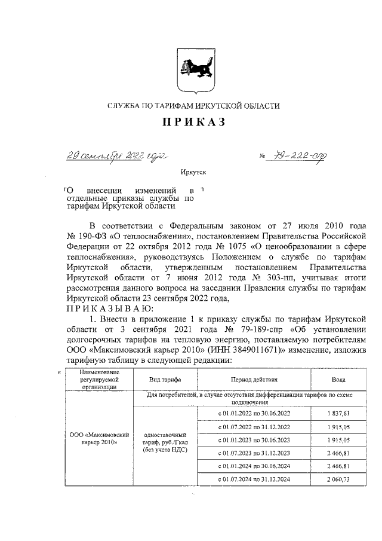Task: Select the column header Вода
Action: [x=340, y=380]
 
